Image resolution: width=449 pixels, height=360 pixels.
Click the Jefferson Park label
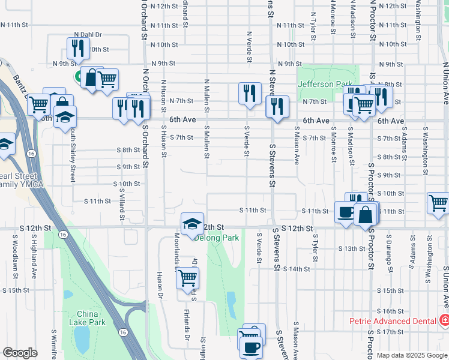tap(328, 84)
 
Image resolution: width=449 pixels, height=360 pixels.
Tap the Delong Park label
tap(216, 238)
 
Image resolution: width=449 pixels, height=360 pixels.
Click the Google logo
tap(20, 352)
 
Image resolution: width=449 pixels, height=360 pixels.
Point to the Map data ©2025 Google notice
tap(412, 355)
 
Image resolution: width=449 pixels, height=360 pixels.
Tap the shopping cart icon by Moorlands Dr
tap(188, 278)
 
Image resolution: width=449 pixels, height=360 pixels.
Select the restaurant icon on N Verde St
tap(250, 94)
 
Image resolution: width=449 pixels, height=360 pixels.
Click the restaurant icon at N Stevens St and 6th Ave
tap(277, 107)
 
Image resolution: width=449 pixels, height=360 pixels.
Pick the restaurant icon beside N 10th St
tap(77, 48)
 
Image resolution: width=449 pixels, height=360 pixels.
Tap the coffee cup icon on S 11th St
tap(346, 214)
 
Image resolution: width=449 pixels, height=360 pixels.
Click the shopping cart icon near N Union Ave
tap(438, 203)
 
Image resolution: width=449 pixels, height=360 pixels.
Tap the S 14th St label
tap(297, 269)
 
